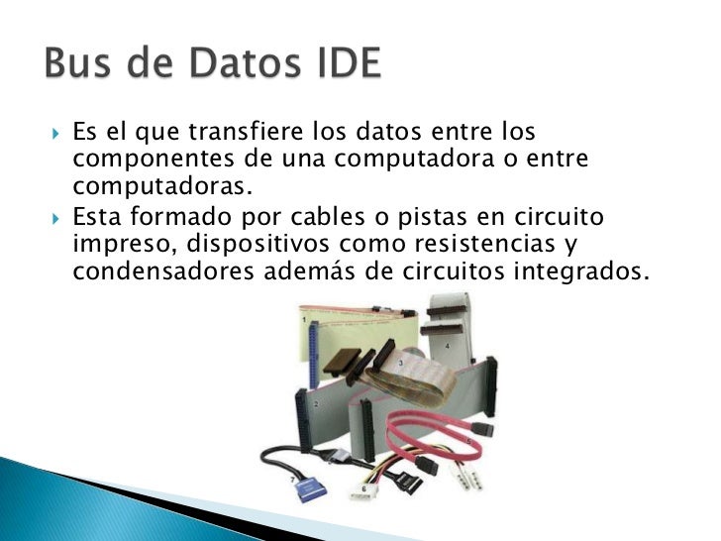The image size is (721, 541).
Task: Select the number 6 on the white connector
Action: (363, 489)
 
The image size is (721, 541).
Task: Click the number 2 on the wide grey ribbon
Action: (316, 405)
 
